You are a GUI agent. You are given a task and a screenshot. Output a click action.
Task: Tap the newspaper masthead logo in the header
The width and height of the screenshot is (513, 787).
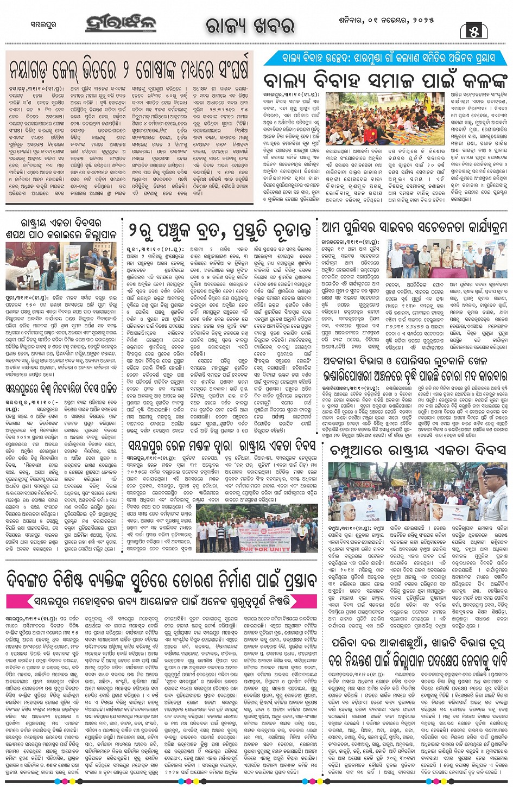121,24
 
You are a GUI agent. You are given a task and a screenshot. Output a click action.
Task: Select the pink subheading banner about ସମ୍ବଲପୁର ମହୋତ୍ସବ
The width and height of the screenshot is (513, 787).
162,601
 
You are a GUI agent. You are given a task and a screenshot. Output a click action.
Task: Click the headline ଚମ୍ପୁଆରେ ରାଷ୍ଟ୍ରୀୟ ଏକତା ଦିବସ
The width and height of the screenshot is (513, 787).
418,450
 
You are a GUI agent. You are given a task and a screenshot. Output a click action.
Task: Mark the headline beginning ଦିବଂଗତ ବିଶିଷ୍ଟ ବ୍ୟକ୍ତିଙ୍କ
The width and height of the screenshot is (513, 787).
161,580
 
